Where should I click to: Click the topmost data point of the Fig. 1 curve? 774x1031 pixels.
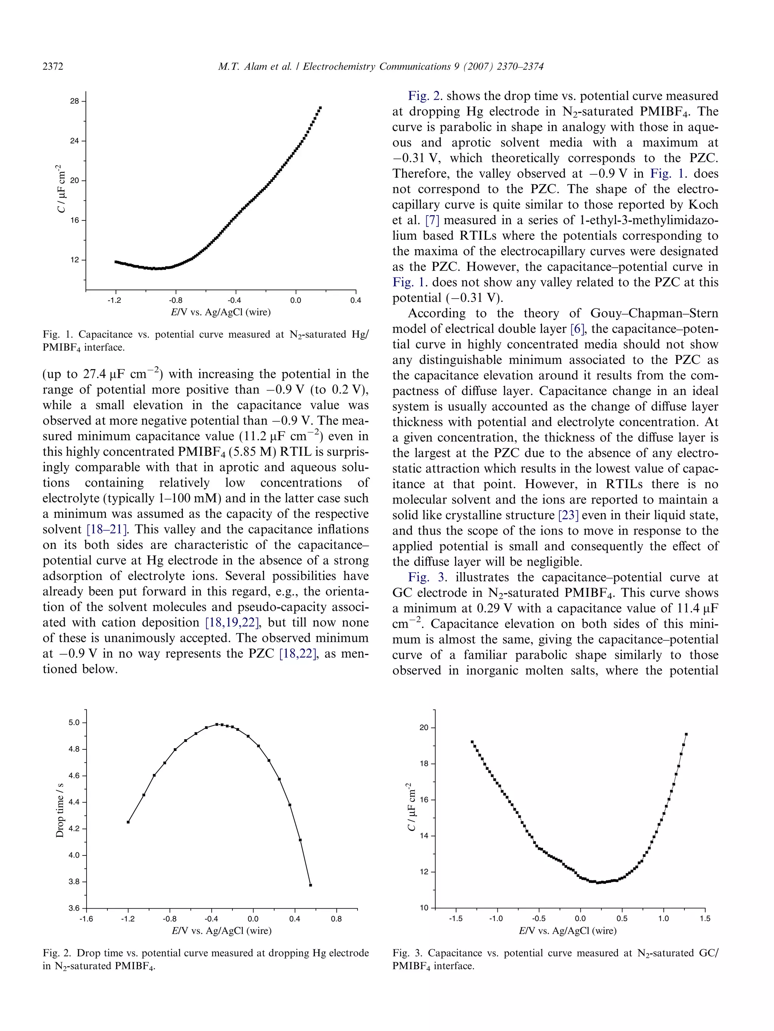tap(320, 108)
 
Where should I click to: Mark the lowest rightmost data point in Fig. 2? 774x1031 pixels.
tap(311, 885)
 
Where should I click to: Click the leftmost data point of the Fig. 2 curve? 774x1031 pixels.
tap(128, 822)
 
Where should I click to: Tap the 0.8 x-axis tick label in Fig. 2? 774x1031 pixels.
tap(336, 919)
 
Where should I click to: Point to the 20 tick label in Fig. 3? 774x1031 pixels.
tap(424, 727)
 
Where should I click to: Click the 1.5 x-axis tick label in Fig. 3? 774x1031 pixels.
tap(705, 918)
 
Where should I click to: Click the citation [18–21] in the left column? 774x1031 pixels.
tap(110, 530)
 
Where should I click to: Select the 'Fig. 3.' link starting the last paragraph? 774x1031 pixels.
tap(427, 578)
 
